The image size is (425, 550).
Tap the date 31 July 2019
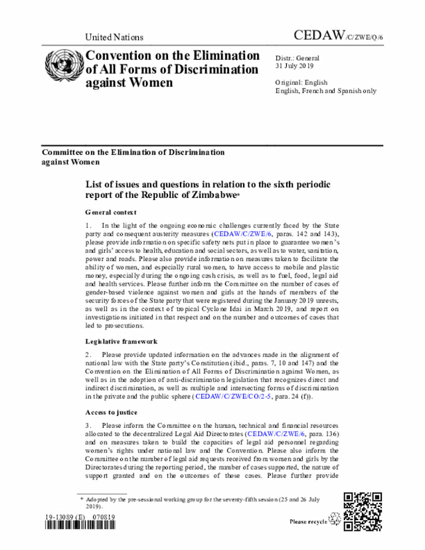pos(296,66)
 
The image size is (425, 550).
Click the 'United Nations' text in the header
pos(114,37)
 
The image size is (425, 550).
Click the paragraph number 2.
pos(87,355)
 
